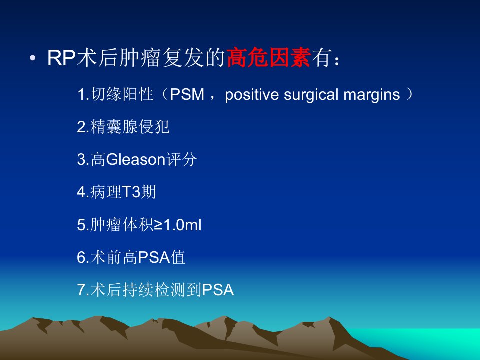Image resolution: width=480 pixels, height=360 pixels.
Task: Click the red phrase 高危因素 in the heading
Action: tap(269, 57)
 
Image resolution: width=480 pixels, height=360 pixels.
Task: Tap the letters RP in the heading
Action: tap(61, 58)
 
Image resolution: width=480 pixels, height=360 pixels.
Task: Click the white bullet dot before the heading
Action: tap(33, 58)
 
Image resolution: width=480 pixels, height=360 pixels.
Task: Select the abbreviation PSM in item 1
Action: tap(187, 94)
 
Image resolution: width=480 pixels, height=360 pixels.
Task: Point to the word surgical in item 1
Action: tap(311, 95)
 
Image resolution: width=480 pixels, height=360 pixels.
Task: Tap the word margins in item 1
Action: tap(372, 95)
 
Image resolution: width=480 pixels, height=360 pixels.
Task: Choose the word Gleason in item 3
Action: tap(136, 160)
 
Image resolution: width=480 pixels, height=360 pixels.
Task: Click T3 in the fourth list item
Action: tap(131, 192)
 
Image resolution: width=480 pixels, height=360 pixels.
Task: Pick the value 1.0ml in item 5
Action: tap(183, 225)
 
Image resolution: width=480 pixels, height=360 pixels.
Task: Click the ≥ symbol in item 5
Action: tap(158, 225)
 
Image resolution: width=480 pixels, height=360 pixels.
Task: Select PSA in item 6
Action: tap(154, 257)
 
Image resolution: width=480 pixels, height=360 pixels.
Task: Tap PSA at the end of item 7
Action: tap(218, 290)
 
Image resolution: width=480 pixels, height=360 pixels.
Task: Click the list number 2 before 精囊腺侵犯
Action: tap(81, 127)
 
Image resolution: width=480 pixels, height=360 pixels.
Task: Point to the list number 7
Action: tap(81, 290)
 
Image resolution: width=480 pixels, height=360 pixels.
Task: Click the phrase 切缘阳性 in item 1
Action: tap(122, 94)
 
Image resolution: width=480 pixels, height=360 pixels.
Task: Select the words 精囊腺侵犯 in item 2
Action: tap(130, 127)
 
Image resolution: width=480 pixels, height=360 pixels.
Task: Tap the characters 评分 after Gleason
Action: tap(181, 159)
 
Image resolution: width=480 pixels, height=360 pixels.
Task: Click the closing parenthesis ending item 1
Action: tap(409, 94)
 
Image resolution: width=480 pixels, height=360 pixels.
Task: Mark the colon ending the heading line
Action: tap(337, 60)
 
